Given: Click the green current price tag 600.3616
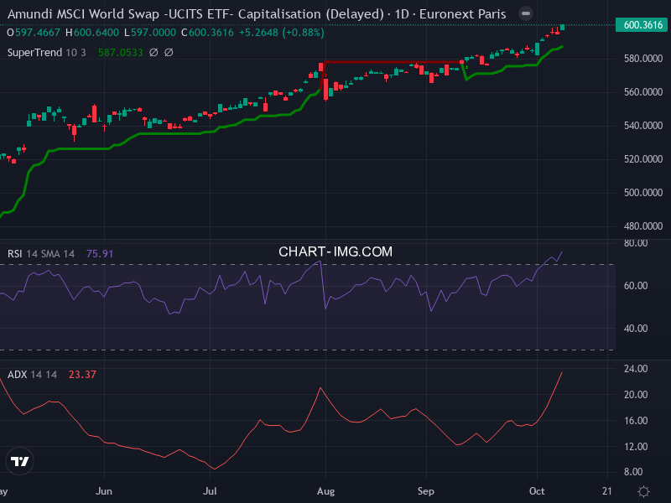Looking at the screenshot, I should point(643,25).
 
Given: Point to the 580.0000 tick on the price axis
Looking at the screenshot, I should point(642,59).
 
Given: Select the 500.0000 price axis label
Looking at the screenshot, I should point(642,193).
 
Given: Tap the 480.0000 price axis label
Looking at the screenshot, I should point(642,226).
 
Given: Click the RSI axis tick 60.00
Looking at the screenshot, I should point(637,286).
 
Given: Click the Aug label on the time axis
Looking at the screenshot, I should point(326,490).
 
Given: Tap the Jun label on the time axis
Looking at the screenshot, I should point(105,490).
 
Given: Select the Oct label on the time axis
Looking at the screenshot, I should point(537,490).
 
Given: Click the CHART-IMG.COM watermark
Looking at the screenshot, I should point(335,251).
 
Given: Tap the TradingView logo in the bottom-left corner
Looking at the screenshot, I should point(20,461).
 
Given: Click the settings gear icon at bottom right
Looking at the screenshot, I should point(643,491).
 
